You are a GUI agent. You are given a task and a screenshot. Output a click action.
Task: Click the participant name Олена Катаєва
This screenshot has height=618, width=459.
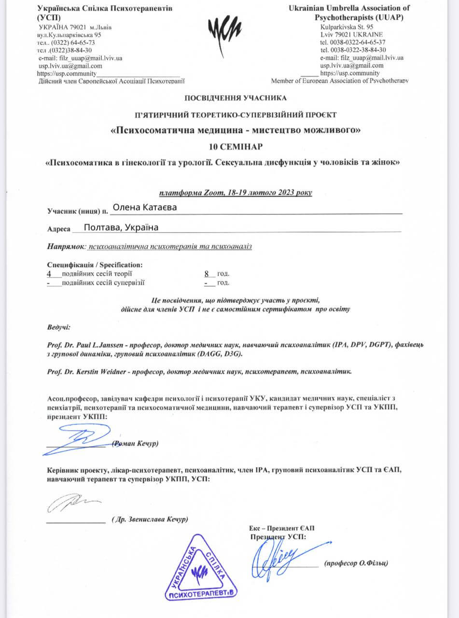pos(144,208)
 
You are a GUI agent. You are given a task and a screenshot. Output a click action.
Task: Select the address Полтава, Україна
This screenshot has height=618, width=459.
pos(121,227)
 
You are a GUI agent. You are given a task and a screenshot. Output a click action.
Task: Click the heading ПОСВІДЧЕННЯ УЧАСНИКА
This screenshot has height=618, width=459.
pos(236,98)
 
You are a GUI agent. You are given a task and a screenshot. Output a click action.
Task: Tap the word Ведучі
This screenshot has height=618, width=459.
pos(58,327)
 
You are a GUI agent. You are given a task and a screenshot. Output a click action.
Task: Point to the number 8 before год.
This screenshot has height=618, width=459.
pos(208,273)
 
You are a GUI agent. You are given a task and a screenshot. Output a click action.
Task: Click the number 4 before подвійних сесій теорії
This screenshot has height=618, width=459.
pos(49,273)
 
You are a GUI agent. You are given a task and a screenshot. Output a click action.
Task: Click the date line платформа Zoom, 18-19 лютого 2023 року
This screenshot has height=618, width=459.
pos(236,193)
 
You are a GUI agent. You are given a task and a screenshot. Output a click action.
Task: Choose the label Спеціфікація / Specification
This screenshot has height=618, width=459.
pos(95,265)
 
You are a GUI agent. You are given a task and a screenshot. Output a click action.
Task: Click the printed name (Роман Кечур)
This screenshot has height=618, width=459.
pos(135,443)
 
